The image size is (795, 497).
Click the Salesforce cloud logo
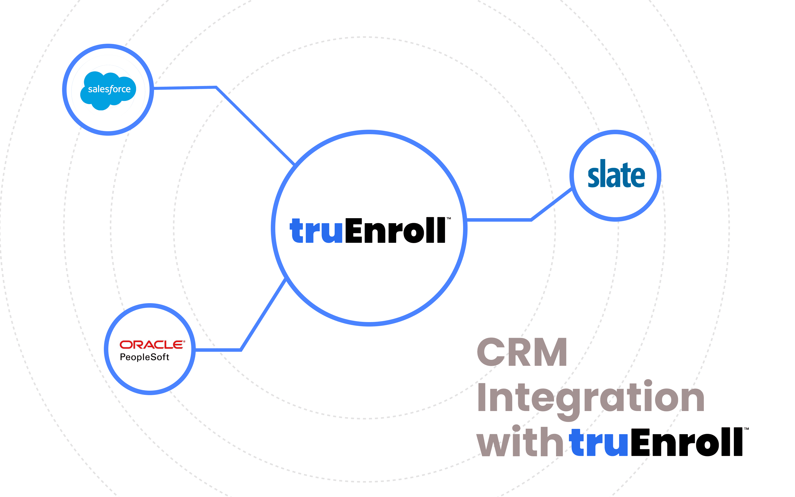(108, 89)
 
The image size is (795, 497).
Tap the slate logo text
(616, 174)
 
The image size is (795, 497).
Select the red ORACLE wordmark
(152, 344)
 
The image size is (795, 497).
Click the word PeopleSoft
(145, 357)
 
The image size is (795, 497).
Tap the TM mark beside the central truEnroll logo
(449, 218)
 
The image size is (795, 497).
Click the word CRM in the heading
(522, 352)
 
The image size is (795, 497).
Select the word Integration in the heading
(590, 398)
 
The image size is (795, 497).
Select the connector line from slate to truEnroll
(499, 220)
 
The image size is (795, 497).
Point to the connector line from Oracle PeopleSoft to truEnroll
(263, 315)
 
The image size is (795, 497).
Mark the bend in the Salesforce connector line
(216, 87)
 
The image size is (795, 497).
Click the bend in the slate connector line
(531, 220)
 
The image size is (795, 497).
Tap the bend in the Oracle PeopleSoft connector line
(241, 350)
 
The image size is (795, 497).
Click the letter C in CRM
(491, 352)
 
